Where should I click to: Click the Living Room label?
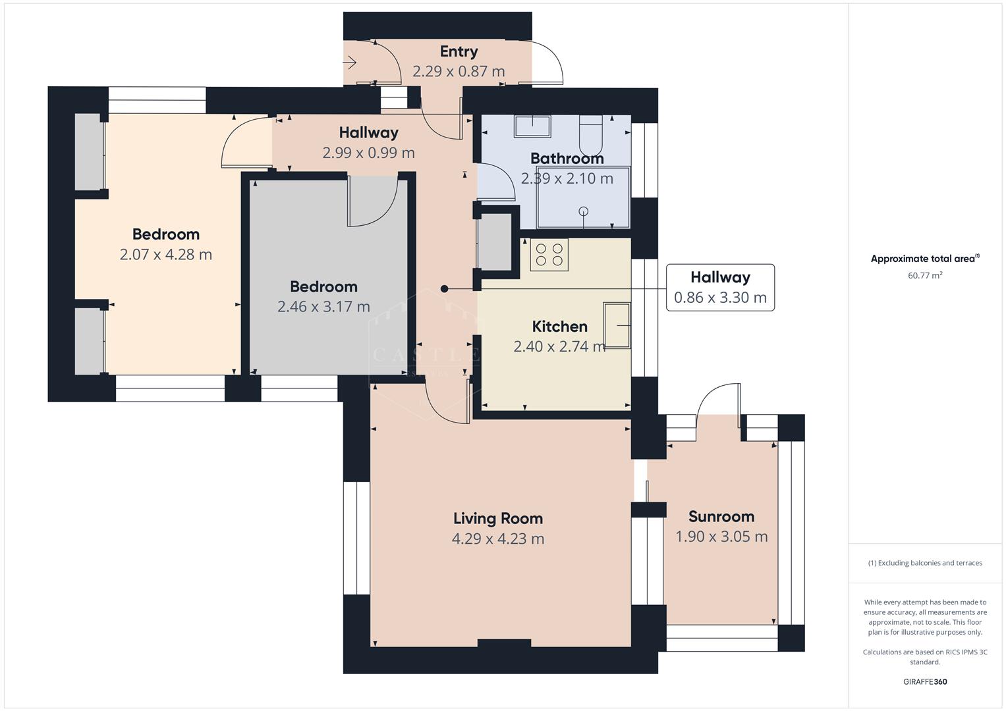coord(497,518)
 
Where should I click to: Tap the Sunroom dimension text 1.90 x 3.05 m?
coord(721,537)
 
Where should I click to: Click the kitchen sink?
coord(617,325)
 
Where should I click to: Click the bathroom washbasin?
coord(532,126)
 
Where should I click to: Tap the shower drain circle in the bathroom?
coord(583,211)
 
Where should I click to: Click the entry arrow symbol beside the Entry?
coord(350,63)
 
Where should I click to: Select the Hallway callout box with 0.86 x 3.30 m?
coord(720,287)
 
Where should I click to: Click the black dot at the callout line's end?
coord(444,289)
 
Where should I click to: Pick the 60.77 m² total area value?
coord(924,275)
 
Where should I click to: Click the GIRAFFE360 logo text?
coord(924,681)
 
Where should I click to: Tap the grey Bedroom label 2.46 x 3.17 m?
coord(323,306)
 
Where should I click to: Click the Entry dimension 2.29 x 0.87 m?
coord(459,71)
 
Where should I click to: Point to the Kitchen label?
coord(559,327)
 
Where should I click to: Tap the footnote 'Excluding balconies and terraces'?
coord(924,563)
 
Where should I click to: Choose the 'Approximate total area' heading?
coord(924,259)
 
